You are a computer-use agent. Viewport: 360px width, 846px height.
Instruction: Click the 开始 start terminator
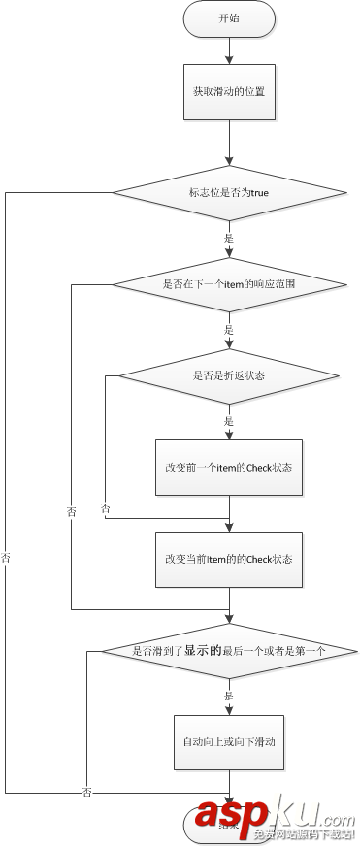coord(229,18)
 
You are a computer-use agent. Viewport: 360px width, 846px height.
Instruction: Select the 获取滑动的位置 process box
coord(229,93)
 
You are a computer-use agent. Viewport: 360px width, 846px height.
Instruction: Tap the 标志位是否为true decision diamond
coord(229,193)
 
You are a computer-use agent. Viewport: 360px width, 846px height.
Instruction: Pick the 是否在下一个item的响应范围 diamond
coord(229,285)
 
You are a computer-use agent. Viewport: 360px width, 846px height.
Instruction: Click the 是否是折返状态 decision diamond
coord(229,374)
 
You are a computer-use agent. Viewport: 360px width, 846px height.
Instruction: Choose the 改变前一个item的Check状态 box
coord(229,467)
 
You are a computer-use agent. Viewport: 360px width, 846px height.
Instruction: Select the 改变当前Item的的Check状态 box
coord(229,559)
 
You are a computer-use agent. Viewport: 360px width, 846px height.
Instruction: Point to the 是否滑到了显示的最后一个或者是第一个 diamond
coord(229,651)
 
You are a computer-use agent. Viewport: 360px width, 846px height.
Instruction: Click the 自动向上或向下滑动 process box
coord(229,742)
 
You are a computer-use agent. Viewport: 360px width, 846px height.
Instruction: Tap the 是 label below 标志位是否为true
coord(229,239)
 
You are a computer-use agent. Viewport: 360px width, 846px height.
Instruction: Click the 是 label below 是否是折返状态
coord(229,422)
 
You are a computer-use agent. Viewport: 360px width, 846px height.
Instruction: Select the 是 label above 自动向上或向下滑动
coord(229,697)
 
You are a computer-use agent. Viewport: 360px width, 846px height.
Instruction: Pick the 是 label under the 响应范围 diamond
coord(229,330)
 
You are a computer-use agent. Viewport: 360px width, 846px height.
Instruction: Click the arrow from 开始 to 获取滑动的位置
coord(229,50)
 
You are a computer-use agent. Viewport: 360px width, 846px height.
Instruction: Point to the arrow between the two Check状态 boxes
coord(229,513)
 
